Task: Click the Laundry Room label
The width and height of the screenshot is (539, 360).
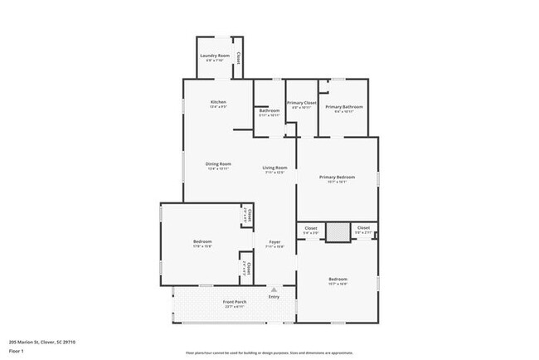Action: click(215, 56)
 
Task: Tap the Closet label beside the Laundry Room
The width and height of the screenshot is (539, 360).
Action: click(239, 58)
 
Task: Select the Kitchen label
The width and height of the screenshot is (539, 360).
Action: click(218, 102)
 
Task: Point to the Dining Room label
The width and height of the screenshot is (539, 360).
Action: click(218, 163)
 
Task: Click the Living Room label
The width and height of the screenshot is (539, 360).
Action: click(274, 168)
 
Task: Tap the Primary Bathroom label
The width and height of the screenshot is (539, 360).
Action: click(345, 107)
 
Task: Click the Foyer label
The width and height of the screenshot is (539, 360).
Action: click(274, 242)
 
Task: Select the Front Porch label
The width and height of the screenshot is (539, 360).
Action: click(235, 301)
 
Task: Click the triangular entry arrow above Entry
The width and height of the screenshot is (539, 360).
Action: click(274, 289)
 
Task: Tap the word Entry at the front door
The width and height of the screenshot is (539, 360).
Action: click(274, 297)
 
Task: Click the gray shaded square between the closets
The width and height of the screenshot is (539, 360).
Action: click(337, 233)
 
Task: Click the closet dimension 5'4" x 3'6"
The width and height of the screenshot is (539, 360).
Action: click(311, 233)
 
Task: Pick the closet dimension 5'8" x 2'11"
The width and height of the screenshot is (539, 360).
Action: click(363, 233)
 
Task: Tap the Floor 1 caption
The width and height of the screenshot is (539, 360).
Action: click(17, 351)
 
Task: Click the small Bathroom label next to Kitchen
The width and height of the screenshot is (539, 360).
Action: click(269, 110)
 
